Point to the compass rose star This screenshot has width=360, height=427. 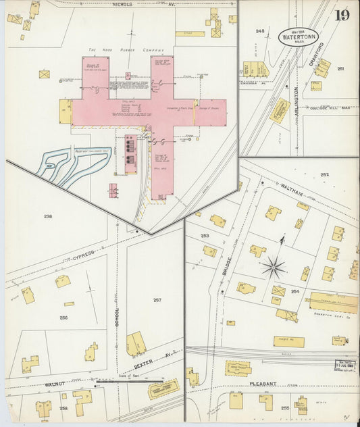[x=274, y=267]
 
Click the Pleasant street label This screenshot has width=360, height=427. [x=263, y=383]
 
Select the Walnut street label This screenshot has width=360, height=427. [x=54, y=385]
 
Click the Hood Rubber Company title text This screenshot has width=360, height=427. [x=126, y=50]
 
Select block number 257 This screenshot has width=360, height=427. [x=157, y=299]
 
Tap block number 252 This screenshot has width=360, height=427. [x=325, y=174]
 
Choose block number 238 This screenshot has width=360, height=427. [x=48, y=216]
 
